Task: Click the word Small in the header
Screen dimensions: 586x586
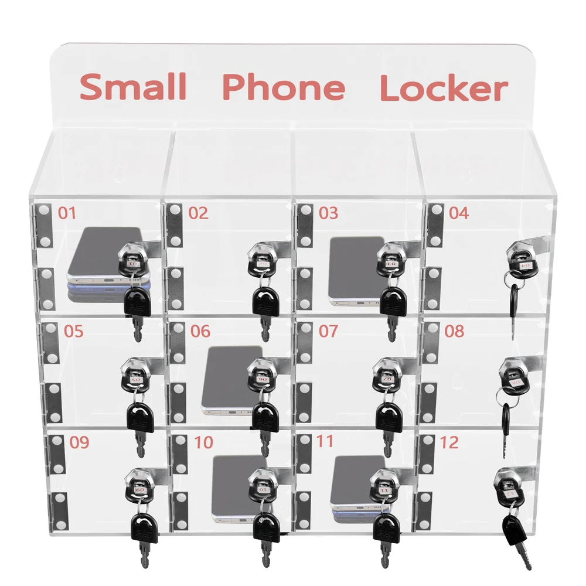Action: point(133,87)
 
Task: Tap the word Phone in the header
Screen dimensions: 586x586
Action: point(283,87)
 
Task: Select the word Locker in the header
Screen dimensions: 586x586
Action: point(443,88)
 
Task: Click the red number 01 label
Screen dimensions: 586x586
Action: point(67,212)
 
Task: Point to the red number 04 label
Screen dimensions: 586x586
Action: point(459,212)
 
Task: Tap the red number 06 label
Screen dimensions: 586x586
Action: point(200,331)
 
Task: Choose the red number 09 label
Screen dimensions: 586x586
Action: point(79,442)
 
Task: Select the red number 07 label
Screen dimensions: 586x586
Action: point(328,331)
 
